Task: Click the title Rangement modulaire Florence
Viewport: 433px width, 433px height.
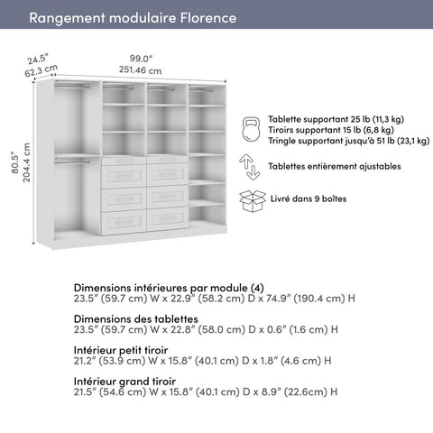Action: tap(133, 18)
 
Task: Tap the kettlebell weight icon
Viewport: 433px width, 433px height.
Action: tap(251, 129)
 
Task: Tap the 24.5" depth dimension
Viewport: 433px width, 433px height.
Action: tap(37, 60)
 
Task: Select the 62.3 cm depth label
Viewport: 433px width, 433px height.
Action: tap(41, 71)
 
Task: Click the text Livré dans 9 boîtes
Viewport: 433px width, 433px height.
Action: tap(309, 198)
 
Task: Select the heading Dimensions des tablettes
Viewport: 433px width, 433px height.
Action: tap(136, 318)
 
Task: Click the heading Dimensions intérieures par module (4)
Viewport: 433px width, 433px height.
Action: tap(169, 287)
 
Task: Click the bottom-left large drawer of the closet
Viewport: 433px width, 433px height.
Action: tap(124, 219)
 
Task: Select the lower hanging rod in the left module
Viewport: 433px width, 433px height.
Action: tap(72, 161)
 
